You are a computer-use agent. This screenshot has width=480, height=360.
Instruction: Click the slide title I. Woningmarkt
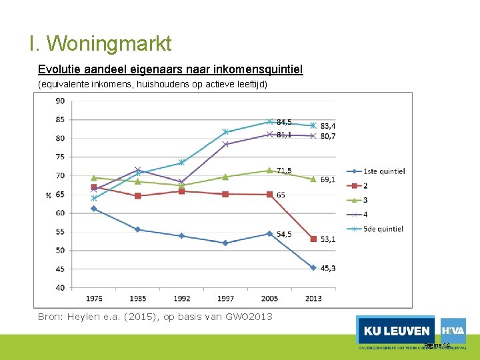click(x=100, y=44)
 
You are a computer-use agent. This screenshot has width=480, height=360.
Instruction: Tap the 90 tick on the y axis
click(x=60, y=101)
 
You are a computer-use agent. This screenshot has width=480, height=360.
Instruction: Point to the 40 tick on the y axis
click(x=60, y=287)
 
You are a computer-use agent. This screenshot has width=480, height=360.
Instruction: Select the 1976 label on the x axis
click(x=94, y=298)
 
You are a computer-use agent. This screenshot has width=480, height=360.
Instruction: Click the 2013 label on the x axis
click(x=313, y=298)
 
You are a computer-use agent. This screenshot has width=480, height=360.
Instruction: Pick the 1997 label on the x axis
click(x=225, y=298)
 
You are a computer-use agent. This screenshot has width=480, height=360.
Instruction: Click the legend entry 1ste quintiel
click(x=384, y=171)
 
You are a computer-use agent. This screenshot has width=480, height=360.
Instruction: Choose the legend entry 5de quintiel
click(x=383, y=229)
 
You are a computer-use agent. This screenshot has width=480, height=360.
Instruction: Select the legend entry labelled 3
click(x=366, y=200)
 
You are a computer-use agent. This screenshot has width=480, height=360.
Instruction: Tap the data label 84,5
click(x=284, y=122)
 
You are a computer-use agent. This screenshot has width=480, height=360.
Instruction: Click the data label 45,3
click(x=327, y=268)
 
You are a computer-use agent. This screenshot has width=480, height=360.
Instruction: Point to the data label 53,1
click(x=327, y=239)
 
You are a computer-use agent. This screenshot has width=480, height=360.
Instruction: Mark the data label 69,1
click(x=327, y=179)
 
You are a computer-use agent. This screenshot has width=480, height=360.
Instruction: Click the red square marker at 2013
click(x=313, y=239)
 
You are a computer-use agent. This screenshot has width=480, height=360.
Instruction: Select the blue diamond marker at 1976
click(x=94, y=209)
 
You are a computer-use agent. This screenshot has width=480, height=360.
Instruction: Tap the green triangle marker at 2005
click(x=269, y=170)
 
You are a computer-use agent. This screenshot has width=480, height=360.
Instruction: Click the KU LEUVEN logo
click(x=395, y=331)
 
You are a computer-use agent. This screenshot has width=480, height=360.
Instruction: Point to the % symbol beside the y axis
click(x=48, y=195)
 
